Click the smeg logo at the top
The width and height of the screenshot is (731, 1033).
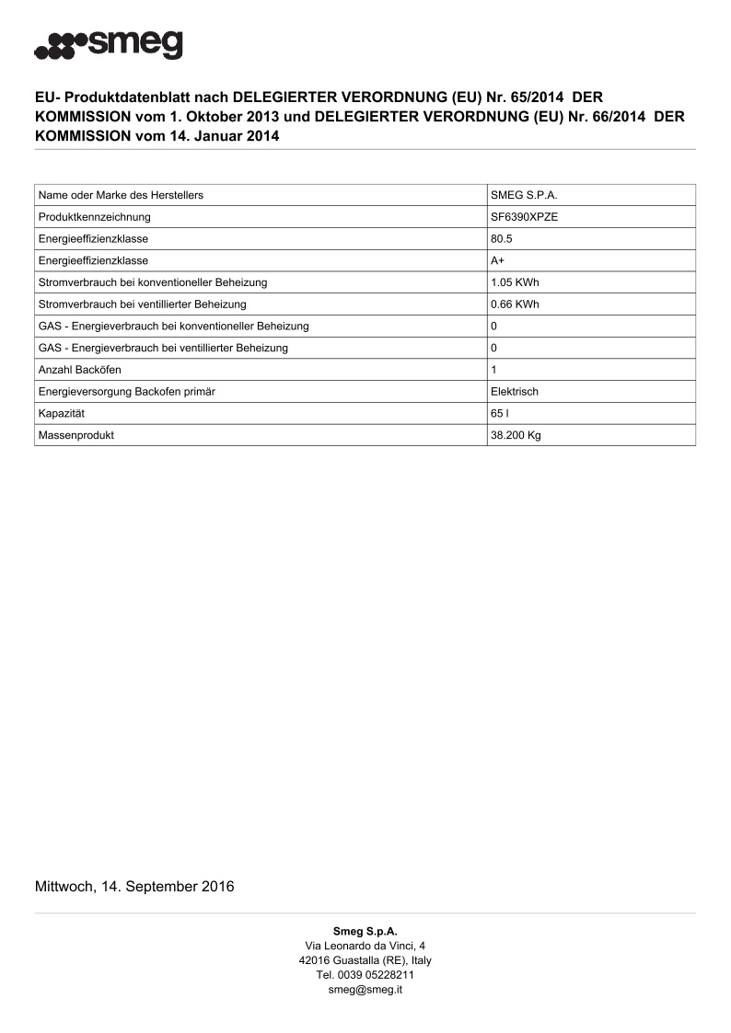pos(109,45)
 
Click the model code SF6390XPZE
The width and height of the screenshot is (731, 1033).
pos(524,217)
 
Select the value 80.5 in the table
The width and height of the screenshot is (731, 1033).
pos(502,239)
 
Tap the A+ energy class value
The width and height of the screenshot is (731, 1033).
pos(497,260)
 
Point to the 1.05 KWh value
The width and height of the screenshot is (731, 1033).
pos(515,282)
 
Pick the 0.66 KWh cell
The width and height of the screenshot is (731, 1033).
pos(515,304)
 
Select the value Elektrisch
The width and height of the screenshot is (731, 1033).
pos(515,392)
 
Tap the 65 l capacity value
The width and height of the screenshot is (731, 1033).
pos(500,414)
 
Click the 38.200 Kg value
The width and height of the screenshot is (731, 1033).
pos(516,435)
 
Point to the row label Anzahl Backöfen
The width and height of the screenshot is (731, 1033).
pos(80,370)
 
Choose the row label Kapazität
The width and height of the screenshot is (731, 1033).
pos(62,414)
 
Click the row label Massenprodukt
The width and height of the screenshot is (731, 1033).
pos(76,435)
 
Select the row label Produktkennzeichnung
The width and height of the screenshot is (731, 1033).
pos(95,217)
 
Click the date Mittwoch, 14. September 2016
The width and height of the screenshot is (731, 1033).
pos(134,887)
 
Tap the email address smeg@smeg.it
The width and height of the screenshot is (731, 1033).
pos(365,990)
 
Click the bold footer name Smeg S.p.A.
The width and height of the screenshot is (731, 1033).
pos(365,931)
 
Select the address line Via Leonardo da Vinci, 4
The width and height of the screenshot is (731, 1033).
pos(365,946)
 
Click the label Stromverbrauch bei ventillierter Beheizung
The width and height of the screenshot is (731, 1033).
pos(143,304)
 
